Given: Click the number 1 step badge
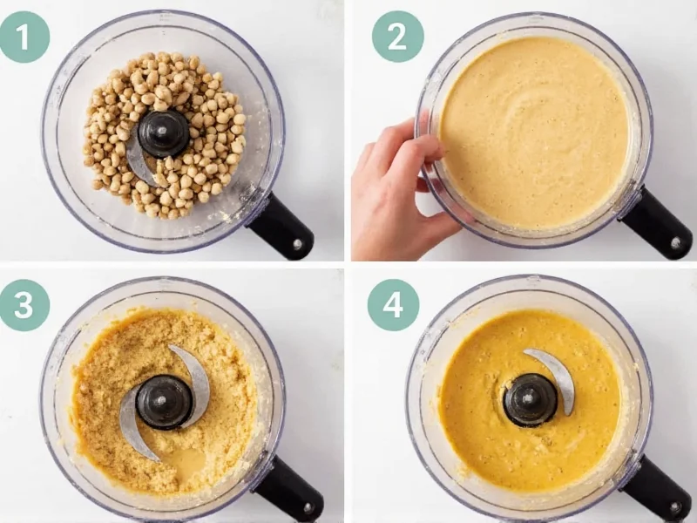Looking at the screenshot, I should pyautogui.click(x=24, y=37).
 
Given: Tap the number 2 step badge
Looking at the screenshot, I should pyautogui.click(x=397, y=37).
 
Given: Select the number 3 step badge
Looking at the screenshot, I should pyautogui.click(x=24, y=304).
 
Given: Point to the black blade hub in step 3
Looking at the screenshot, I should pyautogui.click(x=164, y=402).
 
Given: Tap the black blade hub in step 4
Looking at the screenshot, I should pyautogui.click(x=531, y=400).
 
